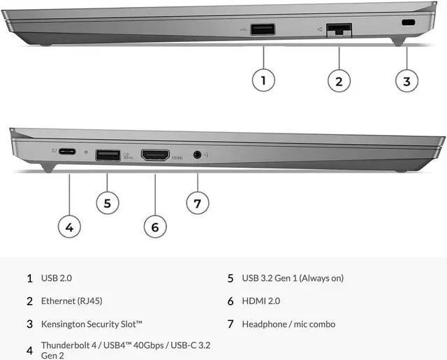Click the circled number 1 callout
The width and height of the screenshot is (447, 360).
coord(263,80)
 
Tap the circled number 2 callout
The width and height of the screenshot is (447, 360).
coord(339,80)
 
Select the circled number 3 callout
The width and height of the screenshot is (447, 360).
coord(406,80)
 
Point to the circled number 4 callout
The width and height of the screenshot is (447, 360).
coord(69,226)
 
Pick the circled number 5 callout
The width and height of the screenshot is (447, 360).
coord(107,203)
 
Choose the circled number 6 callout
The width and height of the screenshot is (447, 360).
coord(155,226)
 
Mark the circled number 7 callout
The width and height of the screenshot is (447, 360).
coord(197,203)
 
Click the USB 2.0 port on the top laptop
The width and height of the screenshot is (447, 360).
coord(263,29)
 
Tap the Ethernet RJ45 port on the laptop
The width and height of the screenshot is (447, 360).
coord(339,29)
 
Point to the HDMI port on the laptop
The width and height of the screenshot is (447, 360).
coord(155,154)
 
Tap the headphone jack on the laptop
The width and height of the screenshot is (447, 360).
coord(197,154)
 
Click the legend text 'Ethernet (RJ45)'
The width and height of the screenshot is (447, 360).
coord(73,301)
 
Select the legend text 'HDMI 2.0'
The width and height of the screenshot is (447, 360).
coord(261,301)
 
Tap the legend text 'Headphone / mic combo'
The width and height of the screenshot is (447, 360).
coord(288,324)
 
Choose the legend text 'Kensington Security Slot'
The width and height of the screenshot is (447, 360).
coord(91,324)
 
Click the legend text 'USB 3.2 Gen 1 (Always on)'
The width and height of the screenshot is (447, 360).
coord(293,278)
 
